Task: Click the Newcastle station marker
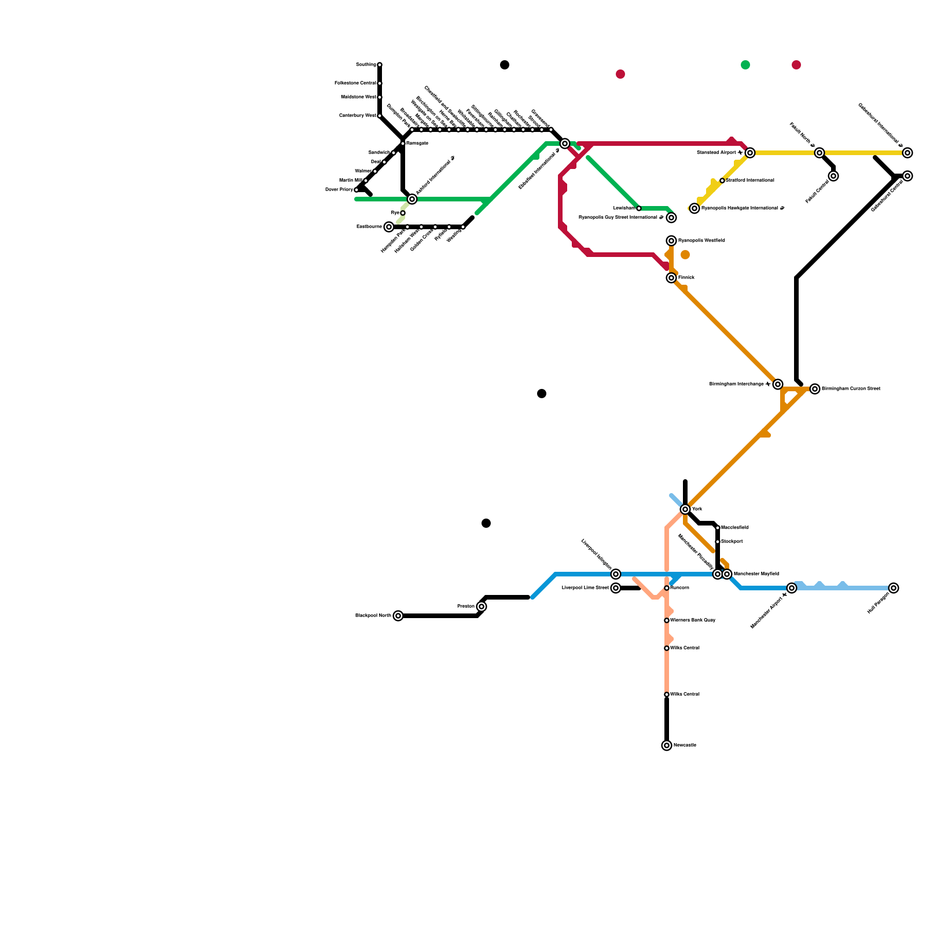coord(667,745)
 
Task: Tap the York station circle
coord(685,509)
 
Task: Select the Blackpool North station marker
coord(398,616)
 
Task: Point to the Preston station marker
coord(482,607)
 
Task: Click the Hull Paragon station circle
coord(894,588)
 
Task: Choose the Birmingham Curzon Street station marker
coord(815,389)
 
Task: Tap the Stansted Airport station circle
coord(750,153)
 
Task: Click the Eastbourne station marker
coord(389,227)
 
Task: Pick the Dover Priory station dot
coord(357,190)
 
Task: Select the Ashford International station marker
coord(412,199)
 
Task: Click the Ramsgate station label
coord(417,144)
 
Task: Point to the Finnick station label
coord(686,278)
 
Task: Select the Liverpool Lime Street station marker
coord(616,588)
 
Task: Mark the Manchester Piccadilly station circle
coord(718,574)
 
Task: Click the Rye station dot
coord(403,213)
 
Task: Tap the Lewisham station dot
coord(639,208)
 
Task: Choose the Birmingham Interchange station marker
coord(778,384)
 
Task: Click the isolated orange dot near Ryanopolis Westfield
coord(685,255)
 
